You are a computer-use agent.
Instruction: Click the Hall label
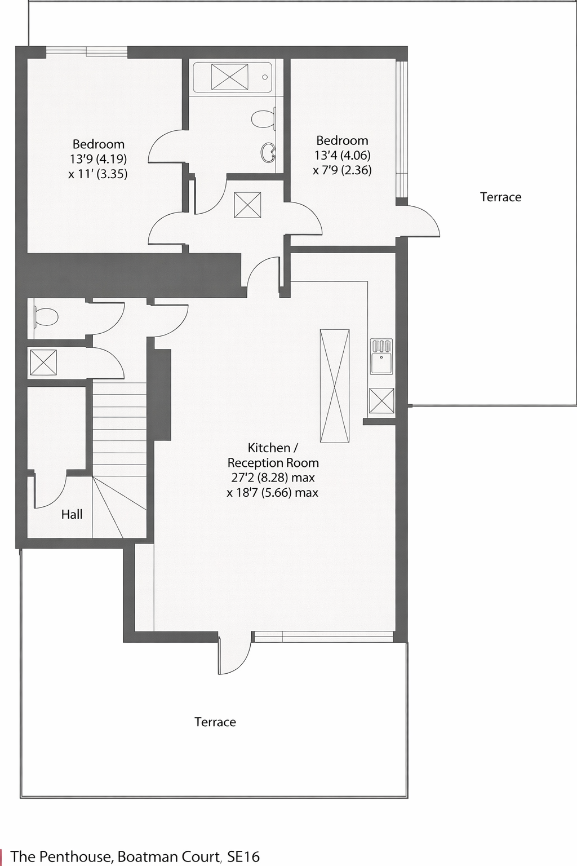pos(72,514)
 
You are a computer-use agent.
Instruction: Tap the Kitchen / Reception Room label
pos(273,455)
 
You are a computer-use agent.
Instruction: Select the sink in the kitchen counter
pos(381,356)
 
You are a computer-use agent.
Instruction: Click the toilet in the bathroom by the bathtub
pos(264,118)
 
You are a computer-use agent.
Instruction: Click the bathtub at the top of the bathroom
pos(232,77)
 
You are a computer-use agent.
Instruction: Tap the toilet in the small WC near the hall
pos(46,317)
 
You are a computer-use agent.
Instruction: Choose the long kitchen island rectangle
pos(335,386)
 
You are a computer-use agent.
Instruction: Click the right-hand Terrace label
pos(500,197)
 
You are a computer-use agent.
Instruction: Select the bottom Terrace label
pos(215,722)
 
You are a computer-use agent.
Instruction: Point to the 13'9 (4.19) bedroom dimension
pos(98,159)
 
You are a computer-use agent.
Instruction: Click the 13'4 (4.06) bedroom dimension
pos(342,156)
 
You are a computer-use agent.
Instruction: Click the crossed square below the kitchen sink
pos(381,401)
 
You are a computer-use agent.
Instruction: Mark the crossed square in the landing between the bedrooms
pos(247,205)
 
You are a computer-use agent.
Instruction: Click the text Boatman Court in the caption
pos(169,856)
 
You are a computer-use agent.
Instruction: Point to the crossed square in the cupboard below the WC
pos(43,363)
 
